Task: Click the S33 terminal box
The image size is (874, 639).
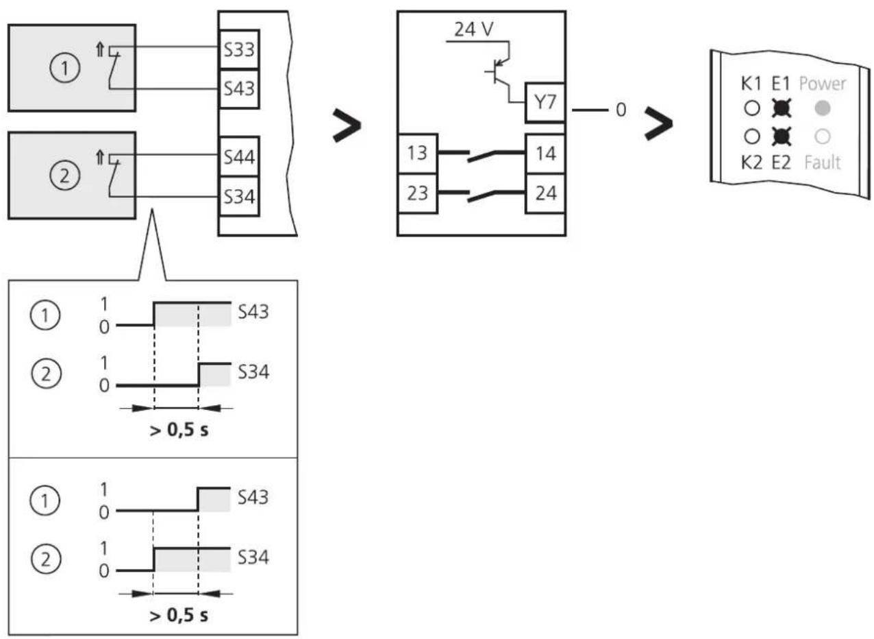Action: [x=239, y=49]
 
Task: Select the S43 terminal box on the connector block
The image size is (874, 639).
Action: [x=239, y=89]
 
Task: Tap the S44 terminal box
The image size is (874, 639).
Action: [x=239, y=156]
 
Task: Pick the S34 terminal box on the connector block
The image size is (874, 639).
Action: [x=239, y=196]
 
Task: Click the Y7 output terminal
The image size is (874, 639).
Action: [x=545, y=103]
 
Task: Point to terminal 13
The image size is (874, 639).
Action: [x=418, y=154]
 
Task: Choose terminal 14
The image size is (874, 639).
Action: [x=545, y=154]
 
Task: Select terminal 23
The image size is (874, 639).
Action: [x=418, y=193]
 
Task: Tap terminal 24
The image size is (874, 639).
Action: [x=545, y=193]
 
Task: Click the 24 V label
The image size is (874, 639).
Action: [x=474, y=29]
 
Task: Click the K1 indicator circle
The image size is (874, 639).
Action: [x=752, y=108]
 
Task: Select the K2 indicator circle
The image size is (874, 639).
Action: [x=752, y=136]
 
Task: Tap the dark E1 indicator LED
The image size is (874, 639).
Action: [x=782, y=108]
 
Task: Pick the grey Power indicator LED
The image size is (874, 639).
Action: [x=823, y=108]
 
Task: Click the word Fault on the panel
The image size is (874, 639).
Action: [x=823, y=162]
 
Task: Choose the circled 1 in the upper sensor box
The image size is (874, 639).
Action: [x=65, y=68]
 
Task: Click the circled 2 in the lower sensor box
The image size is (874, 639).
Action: [x=65, y=176]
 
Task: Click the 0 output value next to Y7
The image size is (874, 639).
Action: [x=621, y=110]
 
